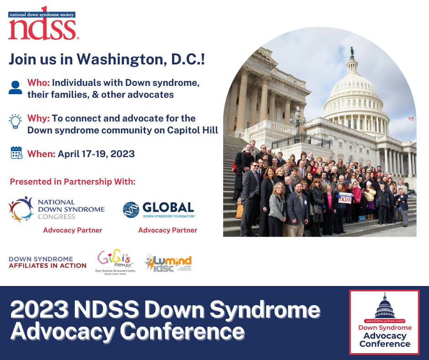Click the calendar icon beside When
tap(16, 153)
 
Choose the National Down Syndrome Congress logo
tap(57, 209)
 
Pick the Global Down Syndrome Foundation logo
tap(159, 209)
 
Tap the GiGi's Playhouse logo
tap(116, 262)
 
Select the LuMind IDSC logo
tap(168, 263)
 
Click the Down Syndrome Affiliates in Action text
tap(47, 262)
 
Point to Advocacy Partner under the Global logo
tap(167, 230)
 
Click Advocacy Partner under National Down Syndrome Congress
tap(73, 230)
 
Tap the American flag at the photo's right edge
tap(411, 118)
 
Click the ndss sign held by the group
tap(345, 198)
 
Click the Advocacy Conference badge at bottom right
tap(384, 322)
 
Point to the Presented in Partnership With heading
tap(73, 181)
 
